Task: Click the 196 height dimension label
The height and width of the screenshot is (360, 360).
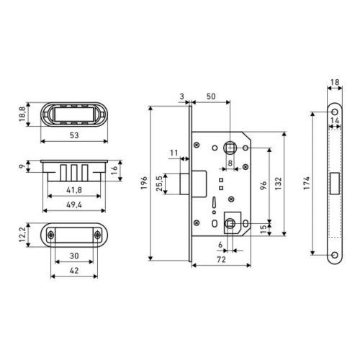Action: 144,183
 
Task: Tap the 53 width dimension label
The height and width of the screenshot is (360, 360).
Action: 74,135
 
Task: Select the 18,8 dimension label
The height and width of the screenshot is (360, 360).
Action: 22,114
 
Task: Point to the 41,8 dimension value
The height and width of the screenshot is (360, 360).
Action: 74,190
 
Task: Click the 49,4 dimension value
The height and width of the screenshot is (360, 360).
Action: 74,204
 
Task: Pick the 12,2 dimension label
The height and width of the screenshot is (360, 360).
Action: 22,235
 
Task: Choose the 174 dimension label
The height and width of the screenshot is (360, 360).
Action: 307,184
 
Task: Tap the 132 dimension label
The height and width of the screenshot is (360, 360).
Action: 278,184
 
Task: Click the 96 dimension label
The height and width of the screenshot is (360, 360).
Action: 264,186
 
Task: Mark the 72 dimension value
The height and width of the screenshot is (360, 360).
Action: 221,259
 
